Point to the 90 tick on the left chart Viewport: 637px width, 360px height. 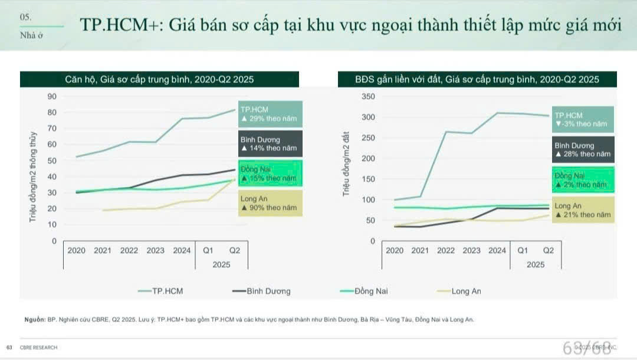[52, 97]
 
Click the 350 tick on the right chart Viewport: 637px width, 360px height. [367, 97]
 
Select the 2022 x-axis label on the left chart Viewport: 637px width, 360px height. [129, 250]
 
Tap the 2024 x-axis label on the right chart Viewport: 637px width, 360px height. [497, 250]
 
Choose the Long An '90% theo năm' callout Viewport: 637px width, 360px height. [271, 203]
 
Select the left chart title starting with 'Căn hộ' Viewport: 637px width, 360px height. [159, 80]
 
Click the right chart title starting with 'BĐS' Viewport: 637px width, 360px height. [477, 80]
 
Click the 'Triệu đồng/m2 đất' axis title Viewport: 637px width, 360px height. [347, 164]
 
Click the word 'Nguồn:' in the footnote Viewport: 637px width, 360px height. [34, 319]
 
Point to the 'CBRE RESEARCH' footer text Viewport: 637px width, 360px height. [38, 348]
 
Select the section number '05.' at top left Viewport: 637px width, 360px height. [25, 18]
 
